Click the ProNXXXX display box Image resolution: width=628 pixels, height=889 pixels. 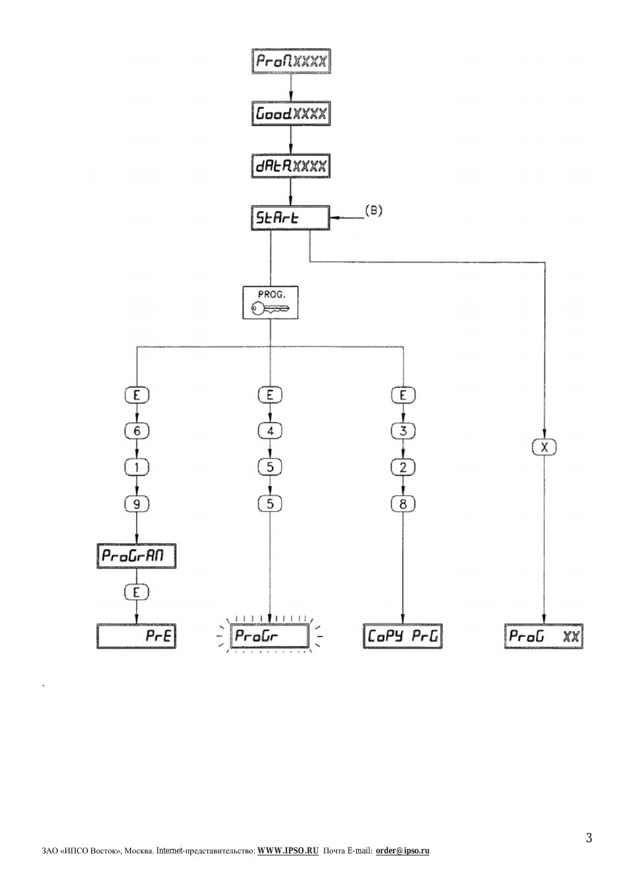(x=291, y=61)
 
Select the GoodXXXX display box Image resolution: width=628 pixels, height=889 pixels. (x=291, y=114)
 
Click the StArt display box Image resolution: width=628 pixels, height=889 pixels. (x=290, y=218)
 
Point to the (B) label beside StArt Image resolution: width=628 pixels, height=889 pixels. (x=374, y=211)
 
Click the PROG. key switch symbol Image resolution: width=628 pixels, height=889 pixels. (x=270, y=302)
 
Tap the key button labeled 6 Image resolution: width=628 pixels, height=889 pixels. (x=137, y=431)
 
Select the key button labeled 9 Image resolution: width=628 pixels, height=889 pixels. (x=137, y=504)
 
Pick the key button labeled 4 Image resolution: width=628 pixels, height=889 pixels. (x=270, y=431)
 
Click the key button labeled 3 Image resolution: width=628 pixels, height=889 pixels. (x=403, y=431)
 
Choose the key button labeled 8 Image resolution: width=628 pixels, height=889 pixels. (x=403, y=504)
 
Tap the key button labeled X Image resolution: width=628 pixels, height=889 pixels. (x=544, y=447)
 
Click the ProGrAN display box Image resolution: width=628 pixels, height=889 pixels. (x=136, y=556)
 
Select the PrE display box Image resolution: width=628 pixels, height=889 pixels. (x=136, y=636)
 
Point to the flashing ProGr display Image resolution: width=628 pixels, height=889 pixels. (x=270, y=635)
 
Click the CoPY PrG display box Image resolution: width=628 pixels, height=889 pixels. (x=403, y=636)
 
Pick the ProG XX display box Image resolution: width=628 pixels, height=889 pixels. (x=544, y=636)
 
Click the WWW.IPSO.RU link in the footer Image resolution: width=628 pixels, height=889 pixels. (x=288, y=851)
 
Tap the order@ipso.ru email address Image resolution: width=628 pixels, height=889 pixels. (x=402, y=851)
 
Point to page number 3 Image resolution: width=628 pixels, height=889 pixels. (x=589, y=838)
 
